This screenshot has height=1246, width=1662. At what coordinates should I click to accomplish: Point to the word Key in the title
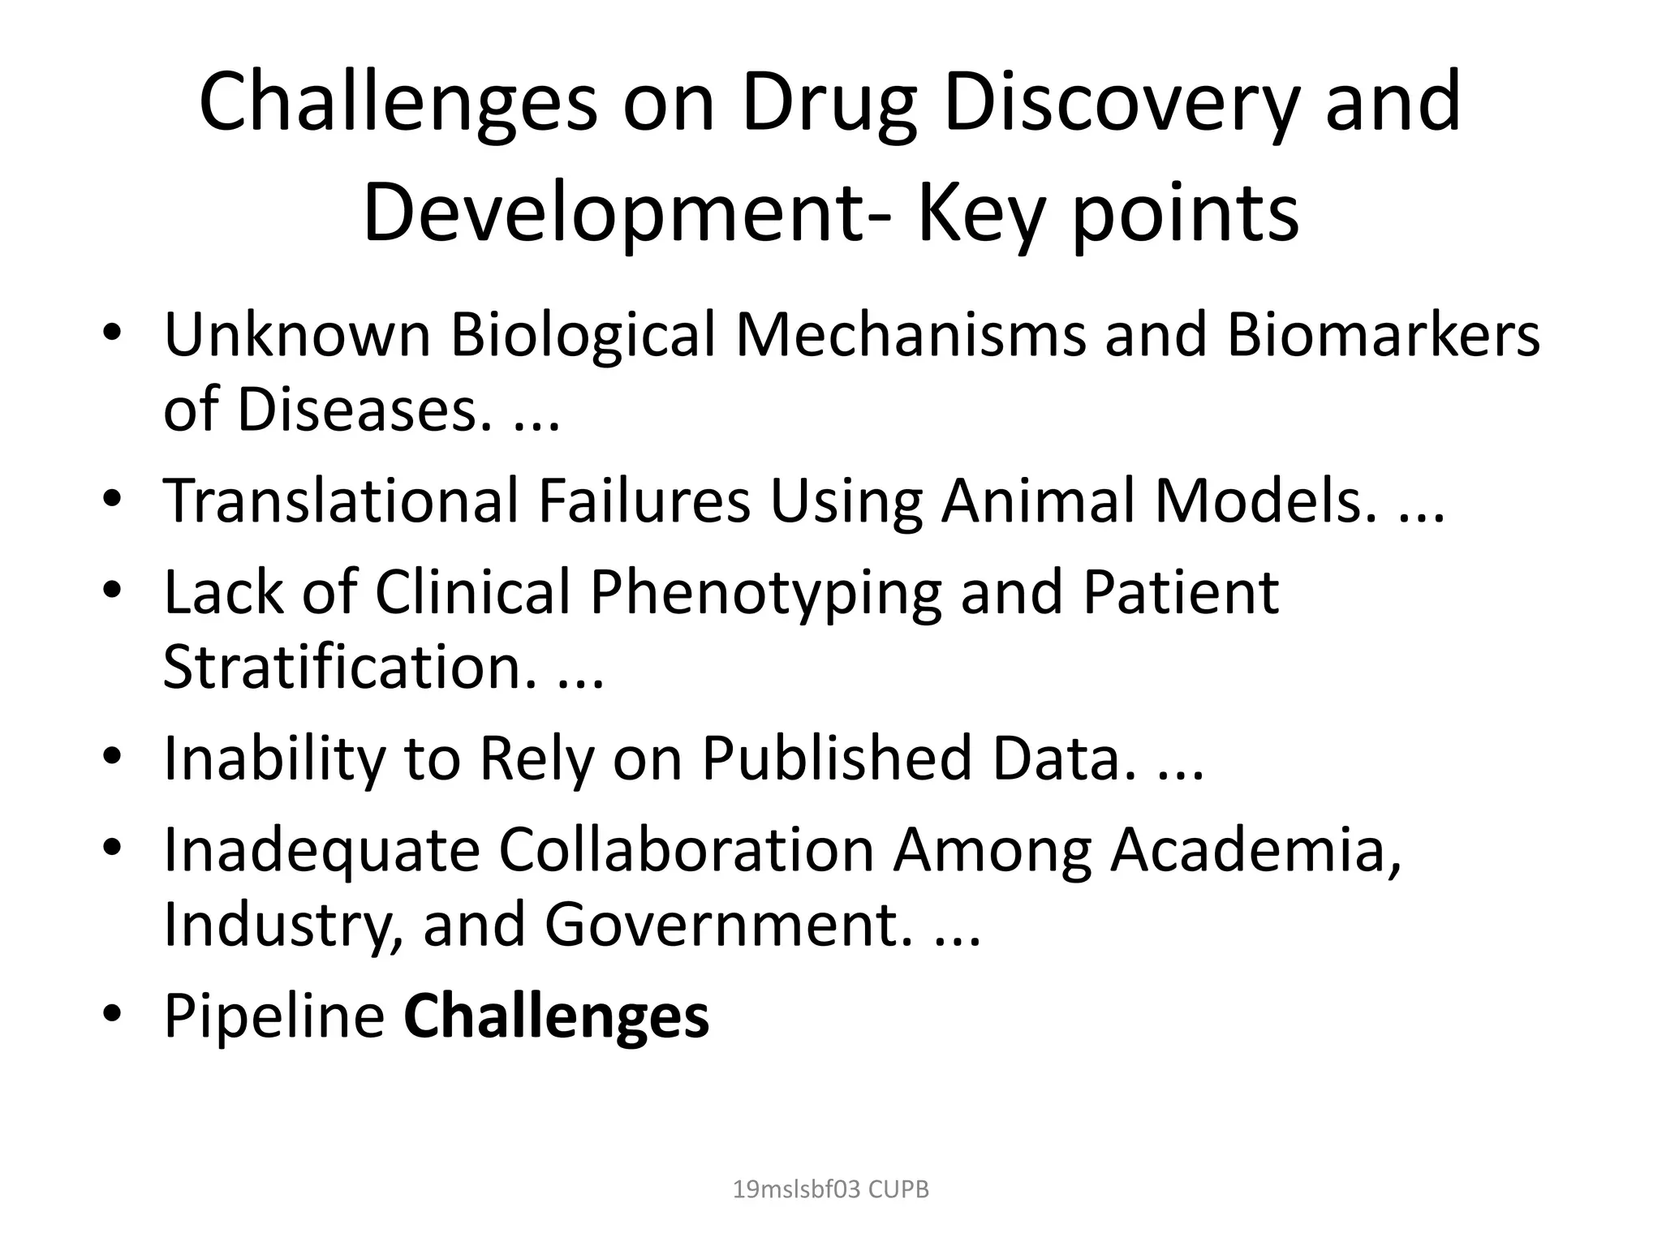click(979, 213)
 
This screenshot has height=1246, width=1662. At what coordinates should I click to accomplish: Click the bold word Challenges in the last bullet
click(557, 1015)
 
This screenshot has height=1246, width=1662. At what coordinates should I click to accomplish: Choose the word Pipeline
click(274, 1015)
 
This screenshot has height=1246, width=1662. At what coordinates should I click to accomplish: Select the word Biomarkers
click(1382, 334)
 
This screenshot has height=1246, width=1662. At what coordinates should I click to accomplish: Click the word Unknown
click(297, 334)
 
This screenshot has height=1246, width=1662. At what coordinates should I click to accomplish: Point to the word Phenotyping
click(765, 591)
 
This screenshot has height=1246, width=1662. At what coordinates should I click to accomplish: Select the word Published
click(837, 758)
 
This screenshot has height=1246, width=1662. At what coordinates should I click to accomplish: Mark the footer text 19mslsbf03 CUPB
click(830, 1189)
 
